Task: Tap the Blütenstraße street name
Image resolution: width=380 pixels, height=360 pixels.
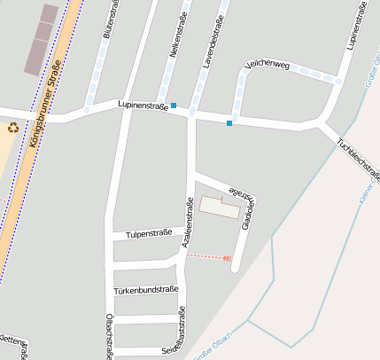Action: point(111,20)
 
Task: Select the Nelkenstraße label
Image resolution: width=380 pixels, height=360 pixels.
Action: point(174,38)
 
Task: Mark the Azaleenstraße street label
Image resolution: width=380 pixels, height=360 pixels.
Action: point(188,222)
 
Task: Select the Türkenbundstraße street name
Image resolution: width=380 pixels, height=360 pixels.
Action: point(146,289)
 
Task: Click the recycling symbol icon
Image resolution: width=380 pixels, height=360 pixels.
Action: point(13,128)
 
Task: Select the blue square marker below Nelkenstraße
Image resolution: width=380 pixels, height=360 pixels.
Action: point(174,106)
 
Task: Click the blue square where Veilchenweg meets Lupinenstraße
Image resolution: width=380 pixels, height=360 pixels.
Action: point(229,122)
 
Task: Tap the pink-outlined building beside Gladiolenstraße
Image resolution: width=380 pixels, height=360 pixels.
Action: point(220,207)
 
